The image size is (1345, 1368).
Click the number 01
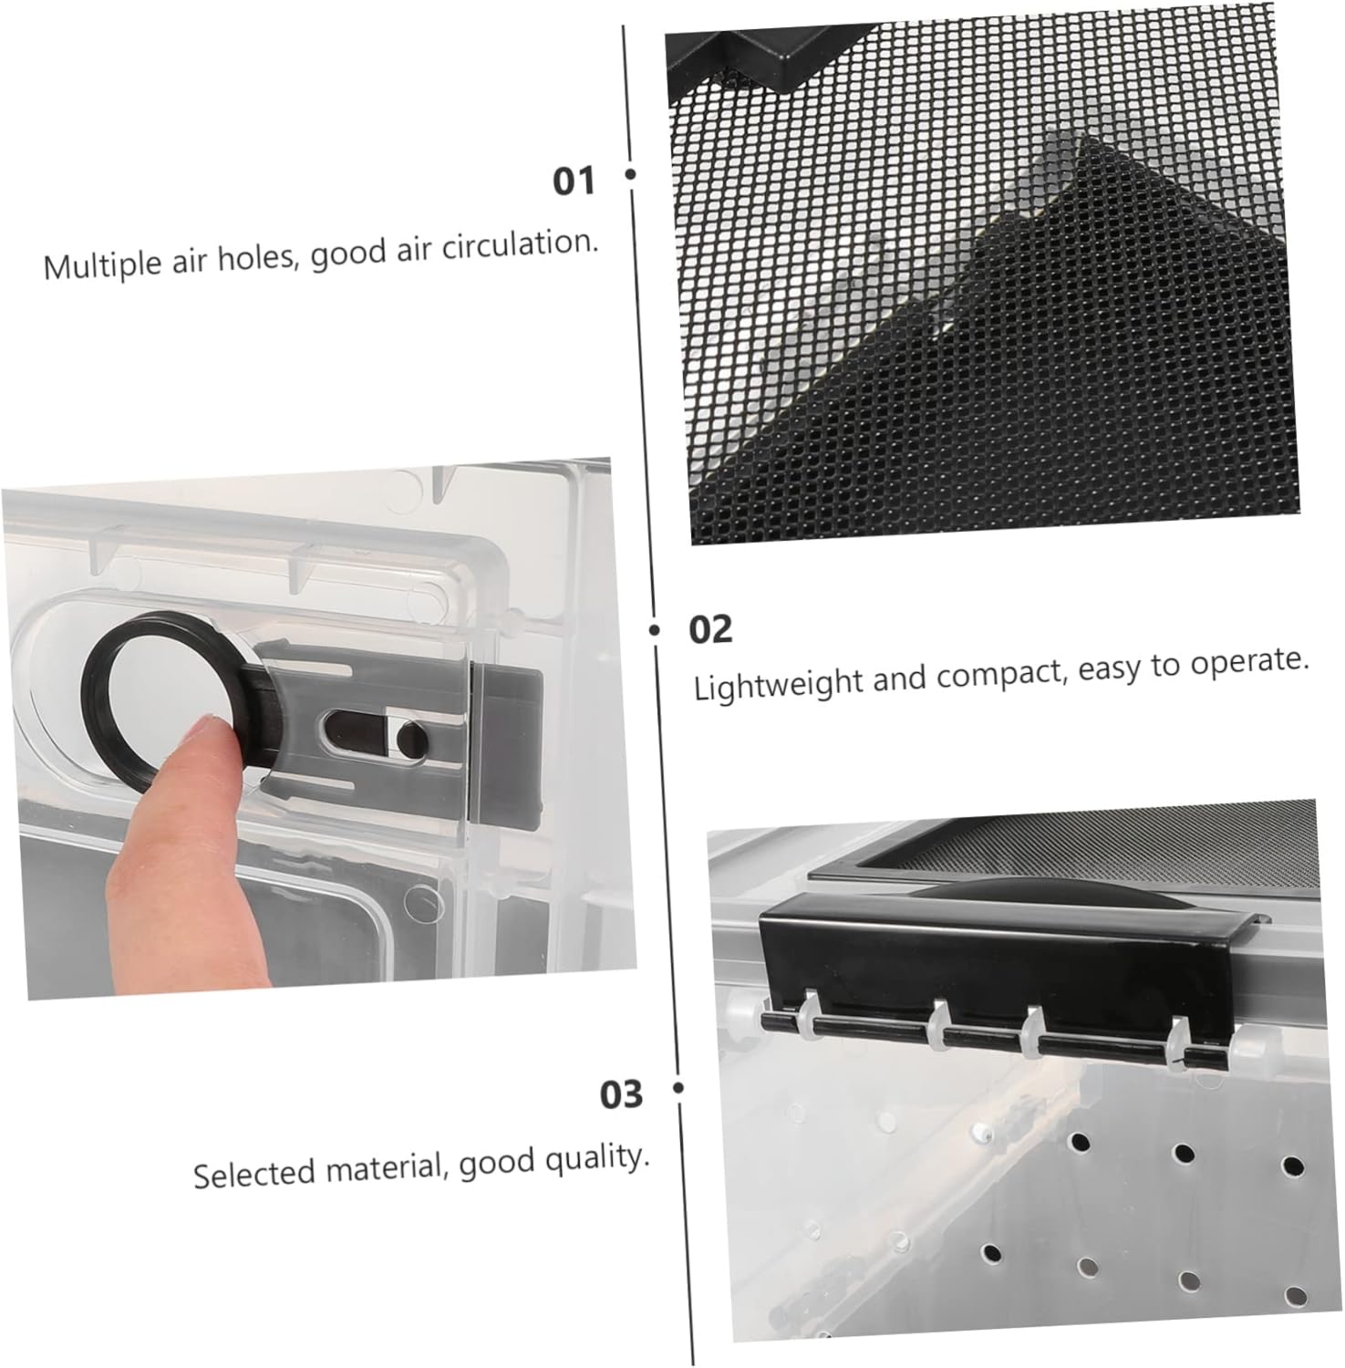574,181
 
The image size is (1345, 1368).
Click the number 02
710,629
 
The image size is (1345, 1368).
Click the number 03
621,1093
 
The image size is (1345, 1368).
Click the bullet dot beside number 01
631,173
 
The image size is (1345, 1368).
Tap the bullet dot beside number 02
655,629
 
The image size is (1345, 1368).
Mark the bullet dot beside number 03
678,1087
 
